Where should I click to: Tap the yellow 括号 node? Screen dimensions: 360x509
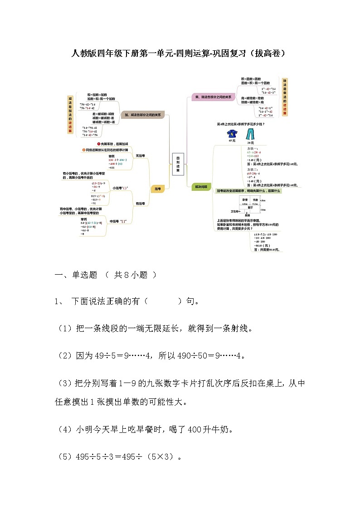(x=157, y=189)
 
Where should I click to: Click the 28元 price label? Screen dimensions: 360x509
(x=250, y=142)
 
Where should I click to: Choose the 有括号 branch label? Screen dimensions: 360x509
(x=141, y=204)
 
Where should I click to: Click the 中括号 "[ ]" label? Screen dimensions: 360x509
(x=118, y=221)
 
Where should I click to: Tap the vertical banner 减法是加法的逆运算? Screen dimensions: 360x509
(x=70, y=114)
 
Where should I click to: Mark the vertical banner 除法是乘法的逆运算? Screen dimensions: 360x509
(x=284, y=97)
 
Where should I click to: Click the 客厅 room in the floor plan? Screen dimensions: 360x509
(x=250, y=207)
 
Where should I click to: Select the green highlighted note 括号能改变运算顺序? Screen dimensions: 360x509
(x=248, y=191)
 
